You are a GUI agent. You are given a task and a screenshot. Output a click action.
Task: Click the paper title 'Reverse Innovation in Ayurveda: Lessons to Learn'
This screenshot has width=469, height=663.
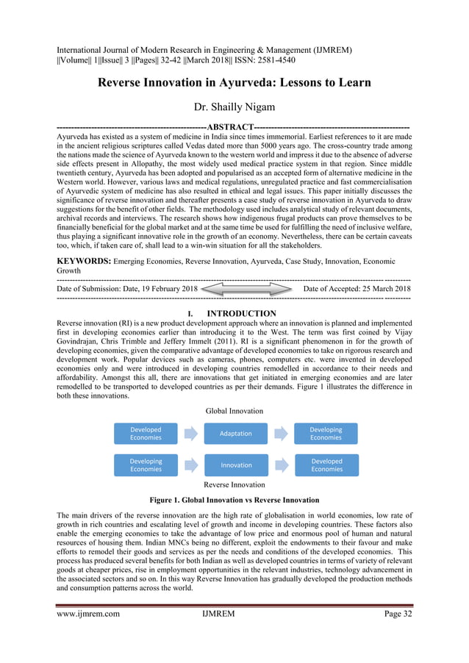pos(234,83)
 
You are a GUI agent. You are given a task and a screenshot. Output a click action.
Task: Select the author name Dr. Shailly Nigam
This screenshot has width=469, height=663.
pos(234,107)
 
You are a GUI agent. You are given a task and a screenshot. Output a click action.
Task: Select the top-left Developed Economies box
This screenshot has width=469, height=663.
pos(146,434)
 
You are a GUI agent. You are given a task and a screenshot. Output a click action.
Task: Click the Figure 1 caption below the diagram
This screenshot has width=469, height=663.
pos(234,500)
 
